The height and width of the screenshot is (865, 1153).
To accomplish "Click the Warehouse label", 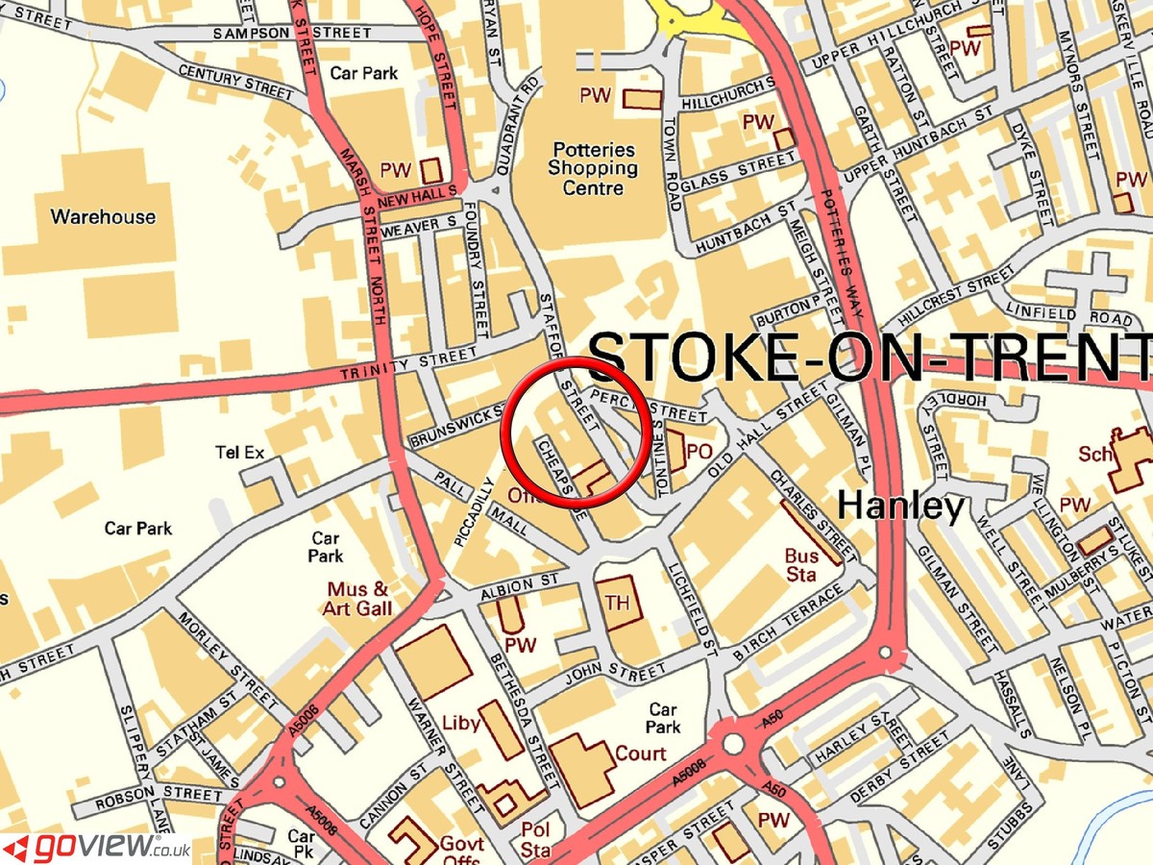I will [103, 216].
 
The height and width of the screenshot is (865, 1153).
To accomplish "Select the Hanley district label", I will [900, 507].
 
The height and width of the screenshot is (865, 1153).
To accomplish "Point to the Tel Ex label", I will [240, 453].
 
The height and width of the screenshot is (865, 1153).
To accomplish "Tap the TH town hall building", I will [617, 603].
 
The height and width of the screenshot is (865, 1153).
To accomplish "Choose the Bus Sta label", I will [801, 565].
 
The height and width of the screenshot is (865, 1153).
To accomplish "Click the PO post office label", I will [699, 450].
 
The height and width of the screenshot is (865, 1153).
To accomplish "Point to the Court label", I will [640, 754].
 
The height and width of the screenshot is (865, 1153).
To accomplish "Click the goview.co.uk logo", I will [96, 847].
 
